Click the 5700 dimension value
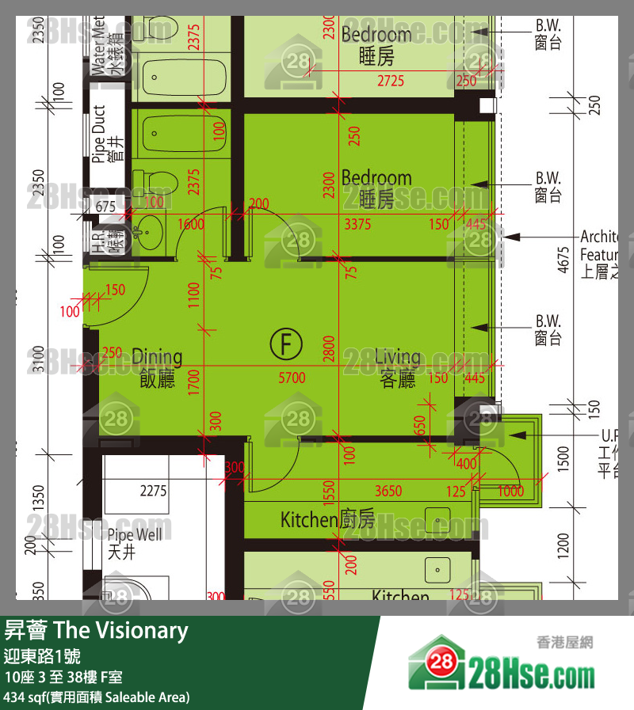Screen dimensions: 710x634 click(x=292, y=378)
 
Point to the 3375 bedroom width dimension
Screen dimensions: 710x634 click(x=357, y=225)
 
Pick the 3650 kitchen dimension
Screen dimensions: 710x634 click(x=388, y=492)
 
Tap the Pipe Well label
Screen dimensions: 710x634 click(x=134, y=543)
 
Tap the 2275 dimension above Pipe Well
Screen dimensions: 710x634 click(x=153, y=492)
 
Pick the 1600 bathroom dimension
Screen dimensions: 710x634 click(x=191, y=225)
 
